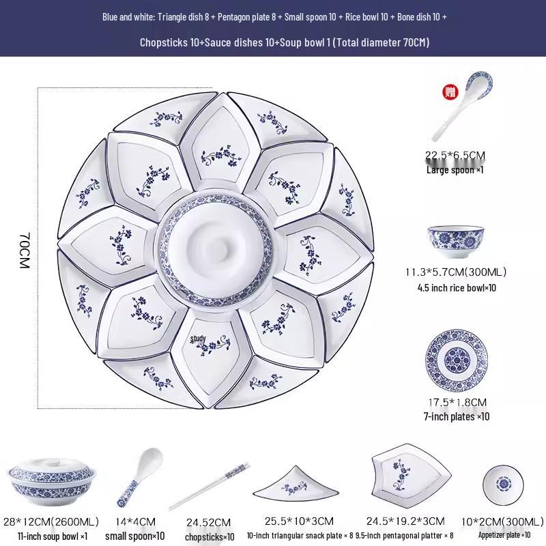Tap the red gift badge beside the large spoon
coord(450,93)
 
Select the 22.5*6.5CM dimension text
coord(455,156)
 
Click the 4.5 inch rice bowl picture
coord(457,240)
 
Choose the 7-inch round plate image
coord(457,360)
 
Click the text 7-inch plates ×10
coord(457,416)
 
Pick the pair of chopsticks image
coord(207,487)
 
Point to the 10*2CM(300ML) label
coord(504,521)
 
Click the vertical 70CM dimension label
coord(25,249)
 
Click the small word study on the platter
coord(198,338)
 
